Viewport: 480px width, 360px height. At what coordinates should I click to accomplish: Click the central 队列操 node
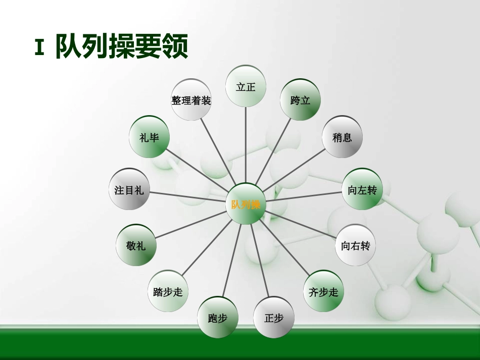[246, 204]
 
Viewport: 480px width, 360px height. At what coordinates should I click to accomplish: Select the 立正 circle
[246, 86]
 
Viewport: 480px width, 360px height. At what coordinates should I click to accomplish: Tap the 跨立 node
[301, 100]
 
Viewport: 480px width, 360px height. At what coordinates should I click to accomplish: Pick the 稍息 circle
[342, 137]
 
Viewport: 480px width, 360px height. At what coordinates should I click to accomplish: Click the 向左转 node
[362, 190]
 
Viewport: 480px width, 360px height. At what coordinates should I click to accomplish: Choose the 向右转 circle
[356, 246]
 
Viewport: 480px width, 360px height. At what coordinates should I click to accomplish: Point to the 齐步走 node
[323, 291]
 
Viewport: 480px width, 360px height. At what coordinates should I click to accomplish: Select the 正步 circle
[274, 318]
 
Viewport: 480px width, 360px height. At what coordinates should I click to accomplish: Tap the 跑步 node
[218, 318]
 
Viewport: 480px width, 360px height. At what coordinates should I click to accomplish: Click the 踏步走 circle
[168, 291]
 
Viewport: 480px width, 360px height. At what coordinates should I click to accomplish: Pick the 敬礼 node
[136, 245]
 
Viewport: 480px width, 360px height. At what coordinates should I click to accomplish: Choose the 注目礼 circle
[129, 190]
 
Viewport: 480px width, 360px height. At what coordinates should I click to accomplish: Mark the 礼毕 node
[150, 137]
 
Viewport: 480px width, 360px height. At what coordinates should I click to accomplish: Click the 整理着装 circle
[191, 100]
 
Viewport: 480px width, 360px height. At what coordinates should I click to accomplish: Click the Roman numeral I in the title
[39, 46]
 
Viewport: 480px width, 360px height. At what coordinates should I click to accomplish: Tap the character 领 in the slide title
[174, 46]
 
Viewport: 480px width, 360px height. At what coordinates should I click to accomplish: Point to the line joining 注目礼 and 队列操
[187, 197]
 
